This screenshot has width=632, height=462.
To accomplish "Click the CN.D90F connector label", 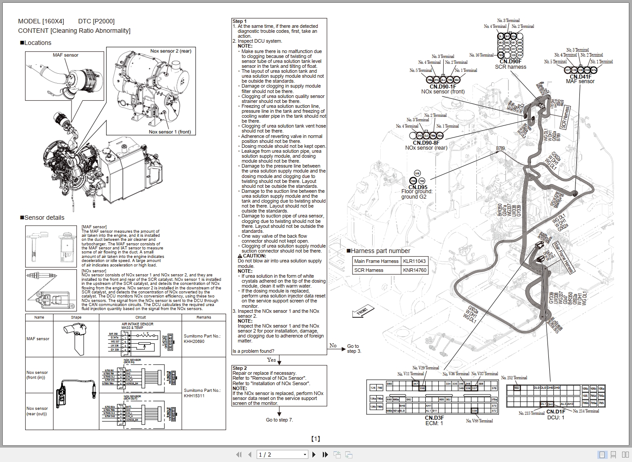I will point(510,62).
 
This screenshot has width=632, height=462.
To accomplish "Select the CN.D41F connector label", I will point(580,76).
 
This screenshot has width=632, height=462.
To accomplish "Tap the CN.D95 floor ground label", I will point(418,187).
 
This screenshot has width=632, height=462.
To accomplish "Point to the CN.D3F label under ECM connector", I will point(434,418).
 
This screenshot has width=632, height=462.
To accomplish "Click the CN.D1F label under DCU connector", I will point(556,412).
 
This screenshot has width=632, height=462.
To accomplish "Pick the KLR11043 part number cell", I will point(414,261).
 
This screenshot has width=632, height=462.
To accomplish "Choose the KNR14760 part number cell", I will point(414,270).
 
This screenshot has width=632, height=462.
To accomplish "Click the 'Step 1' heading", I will point(240,21).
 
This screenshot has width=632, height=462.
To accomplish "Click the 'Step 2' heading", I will point(240,368).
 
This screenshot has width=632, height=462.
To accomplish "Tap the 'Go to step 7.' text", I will point(279,420).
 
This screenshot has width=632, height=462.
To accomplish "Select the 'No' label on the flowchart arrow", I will point(333,346).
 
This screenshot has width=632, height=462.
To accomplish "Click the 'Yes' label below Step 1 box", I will point(271,360).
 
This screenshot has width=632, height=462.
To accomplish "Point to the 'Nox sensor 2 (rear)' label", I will point(170,51).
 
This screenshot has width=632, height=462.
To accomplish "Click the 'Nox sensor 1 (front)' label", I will point(169,132).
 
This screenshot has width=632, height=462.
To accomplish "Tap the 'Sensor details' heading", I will point(44,218).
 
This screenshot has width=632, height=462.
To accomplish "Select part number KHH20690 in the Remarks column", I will point(194,342).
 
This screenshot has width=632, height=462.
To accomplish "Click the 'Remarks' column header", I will point(204,317).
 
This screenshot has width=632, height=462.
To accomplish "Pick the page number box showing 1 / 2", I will point(282,454).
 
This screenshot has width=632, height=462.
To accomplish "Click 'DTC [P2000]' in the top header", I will point(96,21).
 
